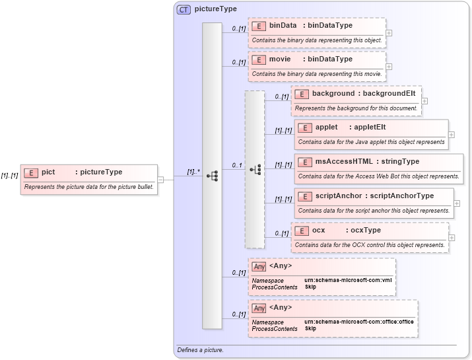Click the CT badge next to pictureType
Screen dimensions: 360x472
[x=184, y=10]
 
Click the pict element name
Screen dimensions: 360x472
[x=48, y=172]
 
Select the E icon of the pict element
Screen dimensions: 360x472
[x=30, y=172]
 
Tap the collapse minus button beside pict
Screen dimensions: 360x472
[x=160, y=179]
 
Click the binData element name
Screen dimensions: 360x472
[x=283, y=25]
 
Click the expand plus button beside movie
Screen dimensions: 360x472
[x=389, y=66]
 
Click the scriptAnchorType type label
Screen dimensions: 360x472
[x=401, y=196]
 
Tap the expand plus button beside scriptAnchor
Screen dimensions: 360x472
[x=457, y=203]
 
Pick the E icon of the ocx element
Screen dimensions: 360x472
[x=300, y=231]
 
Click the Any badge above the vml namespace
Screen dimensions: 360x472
[x=259, y=266]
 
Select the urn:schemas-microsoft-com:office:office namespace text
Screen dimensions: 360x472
[x=359, y=322]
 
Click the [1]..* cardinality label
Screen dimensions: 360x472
[x=193, y=172]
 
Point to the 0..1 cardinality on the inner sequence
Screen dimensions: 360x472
[x=236, y=165]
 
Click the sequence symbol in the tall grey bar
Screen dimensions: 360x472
[x=212, y=176]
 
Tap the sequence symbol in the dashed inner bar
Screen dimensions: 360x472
[x=255, y=170]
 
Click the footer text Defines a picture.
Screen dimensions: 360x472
[x=200, y=349]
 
